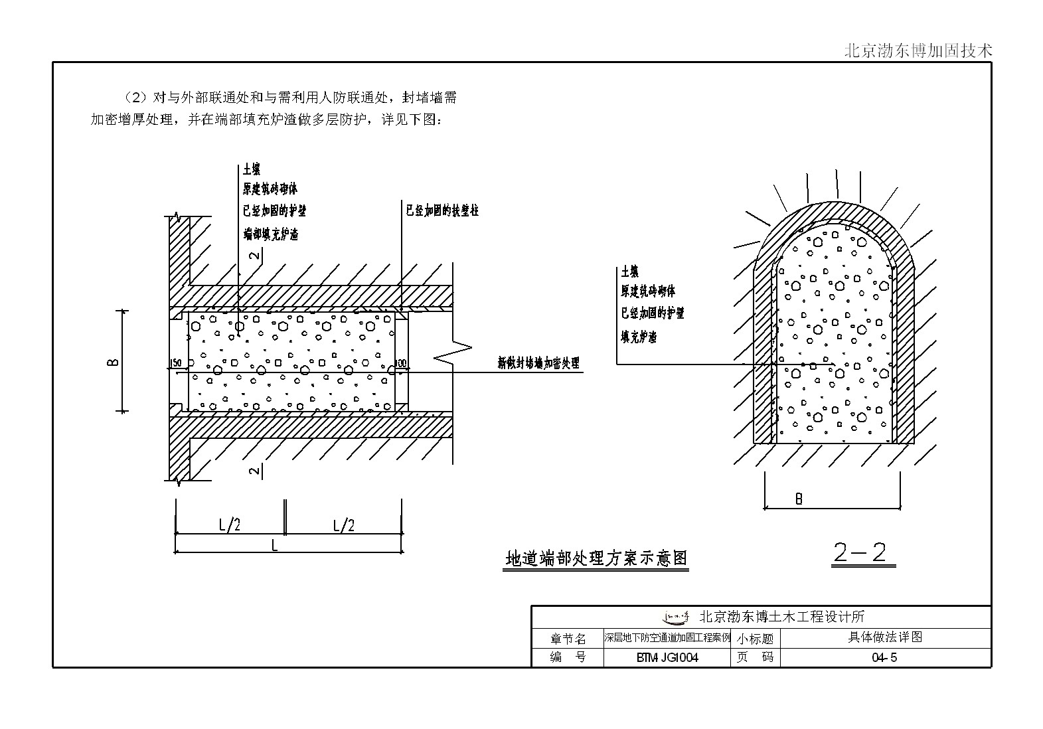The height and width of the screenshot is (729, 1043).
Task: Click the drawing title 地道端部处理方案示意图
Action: point(596,558)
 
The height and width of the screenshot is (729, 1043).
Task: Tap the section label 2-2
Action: point(861,553)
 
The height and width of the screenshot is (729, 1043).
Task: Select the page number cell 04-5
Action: point(884,658)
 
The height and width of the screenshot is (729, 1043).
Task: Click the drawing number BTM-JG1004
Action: point(667,658)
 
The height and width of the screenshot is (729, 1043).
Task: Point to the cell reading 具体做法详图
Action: point(886,637)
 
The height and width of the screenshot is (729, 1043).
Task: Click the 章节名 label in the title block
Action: point(568,639)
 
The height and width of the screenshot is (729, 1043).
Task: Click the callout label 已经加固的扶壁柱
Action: point(442,210)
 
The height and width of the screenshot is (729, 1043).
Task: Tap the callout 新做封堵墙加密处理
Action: point(538,363)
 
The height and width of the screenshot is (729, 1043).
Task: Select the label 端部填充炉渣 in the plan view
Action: point(270,234)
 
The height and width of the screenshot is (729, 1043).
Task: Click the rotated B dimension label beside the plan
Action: point(114,361)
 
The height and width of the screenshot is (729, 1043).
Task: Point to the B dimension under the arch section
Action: point(799,499)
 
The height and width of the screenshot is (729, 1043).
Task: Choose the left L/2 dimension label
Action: point(230,525)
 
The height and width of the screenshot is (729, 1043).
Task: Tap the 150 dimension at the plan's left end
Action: point(176,363)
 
